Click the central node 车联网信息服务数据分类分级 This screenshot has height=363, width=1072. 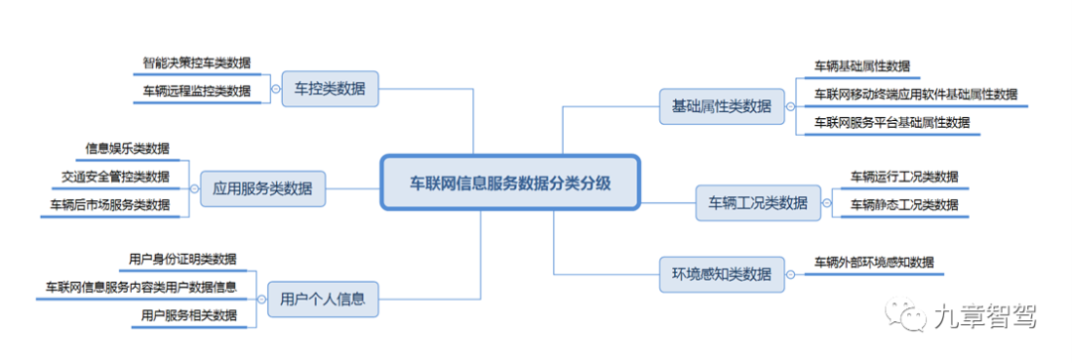510,182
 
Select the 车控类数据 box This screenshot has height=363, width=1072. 330,89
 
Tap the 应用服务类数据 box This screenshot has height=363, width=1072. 263,187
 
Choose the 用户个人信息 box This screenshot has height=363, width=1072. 323,298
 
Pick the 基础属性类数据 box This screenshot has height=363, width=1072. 715,107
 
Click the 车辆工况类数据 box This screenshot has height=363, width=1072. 758,202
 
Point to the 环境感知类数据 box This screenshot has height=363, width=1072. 715,274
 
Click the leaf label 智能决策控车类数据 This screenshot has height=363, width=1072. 197,62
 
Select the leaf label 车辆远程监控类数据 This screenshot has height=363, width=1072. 197,91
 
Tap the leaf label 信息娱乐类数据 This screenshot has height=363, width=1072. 127,149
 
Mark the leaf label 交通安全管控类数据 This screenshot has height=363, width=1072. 115,178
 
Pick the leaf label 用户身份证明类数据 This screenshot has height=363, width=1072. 183,259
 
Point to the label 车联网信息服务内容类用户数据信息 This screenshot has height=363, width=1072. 141,288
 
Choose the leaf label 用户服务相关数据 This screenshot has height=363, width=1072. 189,316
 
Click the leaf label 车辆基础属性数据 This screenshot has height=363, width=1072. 862,66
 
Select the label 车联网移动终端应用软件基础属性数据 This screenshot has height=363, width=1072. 915,94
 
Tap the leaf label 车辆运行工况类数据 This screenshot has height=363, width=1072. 904,178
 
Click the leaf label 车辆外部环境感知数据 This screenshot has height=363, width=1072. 873,263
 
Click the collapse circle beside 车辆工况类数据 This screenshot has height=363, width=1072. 827,202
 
